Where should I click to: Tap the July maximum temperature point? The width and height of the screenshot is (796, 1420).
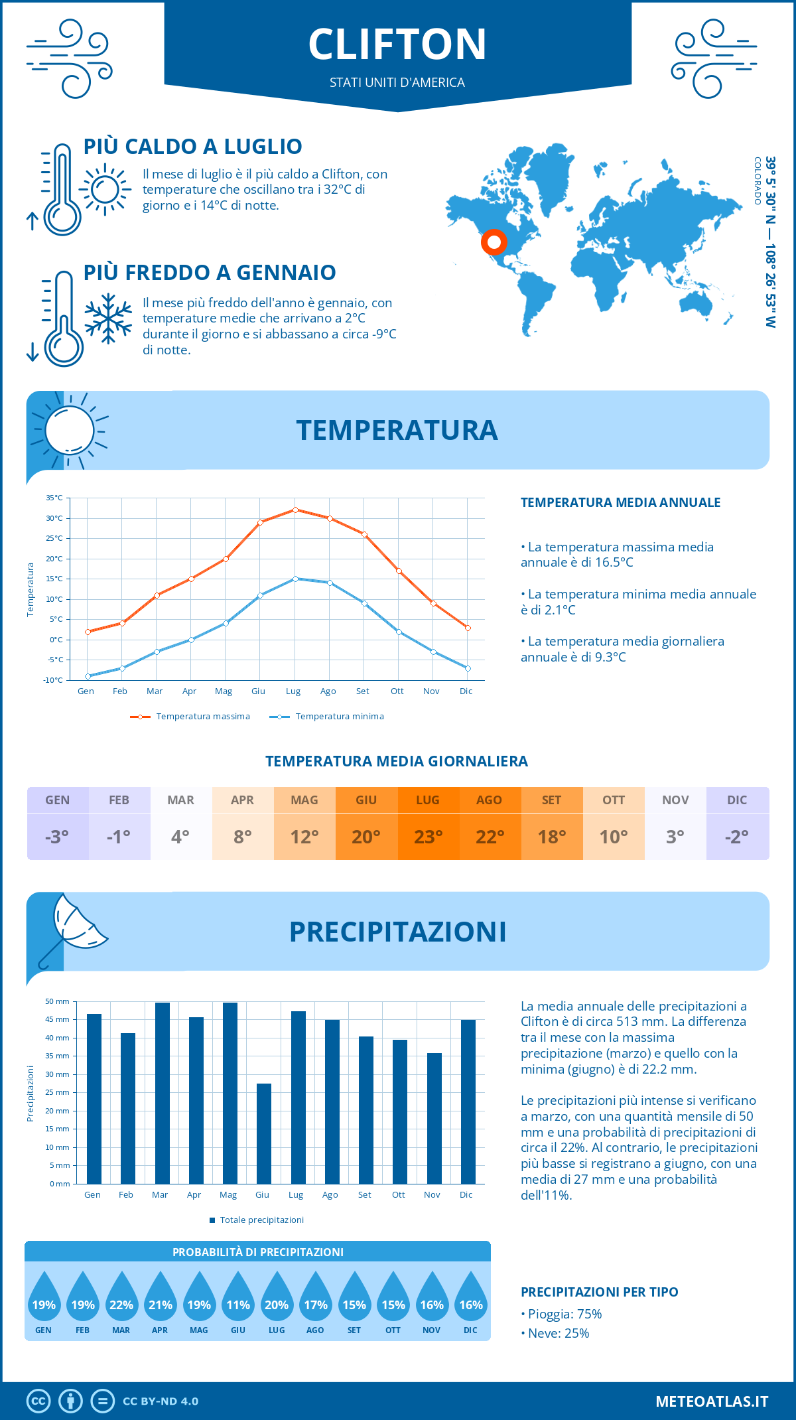(295, 510)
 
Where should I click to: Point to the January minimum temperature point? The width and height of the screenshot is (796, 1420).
(88, 676)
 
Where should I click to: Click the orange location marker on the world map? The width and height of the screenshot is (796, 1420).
(494, 242)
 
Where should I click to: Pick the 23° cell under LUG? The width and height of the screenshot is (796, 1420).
(428, 837)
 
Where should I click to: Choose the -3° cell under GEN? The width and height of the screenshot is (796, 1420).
(57, 837)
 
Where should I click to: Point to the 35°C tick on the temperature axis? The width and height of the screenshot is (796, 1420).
(54, 498)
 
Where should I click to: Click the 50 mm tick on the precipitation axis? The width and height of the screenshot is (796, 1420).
(57, 1001)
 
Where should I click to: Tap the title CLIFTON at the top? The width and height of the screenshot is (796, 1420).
(397, 44)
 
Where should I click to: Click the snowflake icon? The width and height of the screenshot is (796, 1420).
(108, 318)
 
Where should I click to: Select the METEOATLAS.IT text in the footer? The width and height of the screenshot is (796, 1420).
(711, 1401)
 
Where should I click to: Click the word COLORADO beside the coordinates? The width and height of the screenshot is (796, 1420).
(758, 180)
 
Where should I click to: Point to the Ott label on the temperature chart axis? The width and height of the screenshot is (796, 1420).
(397, 691)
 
